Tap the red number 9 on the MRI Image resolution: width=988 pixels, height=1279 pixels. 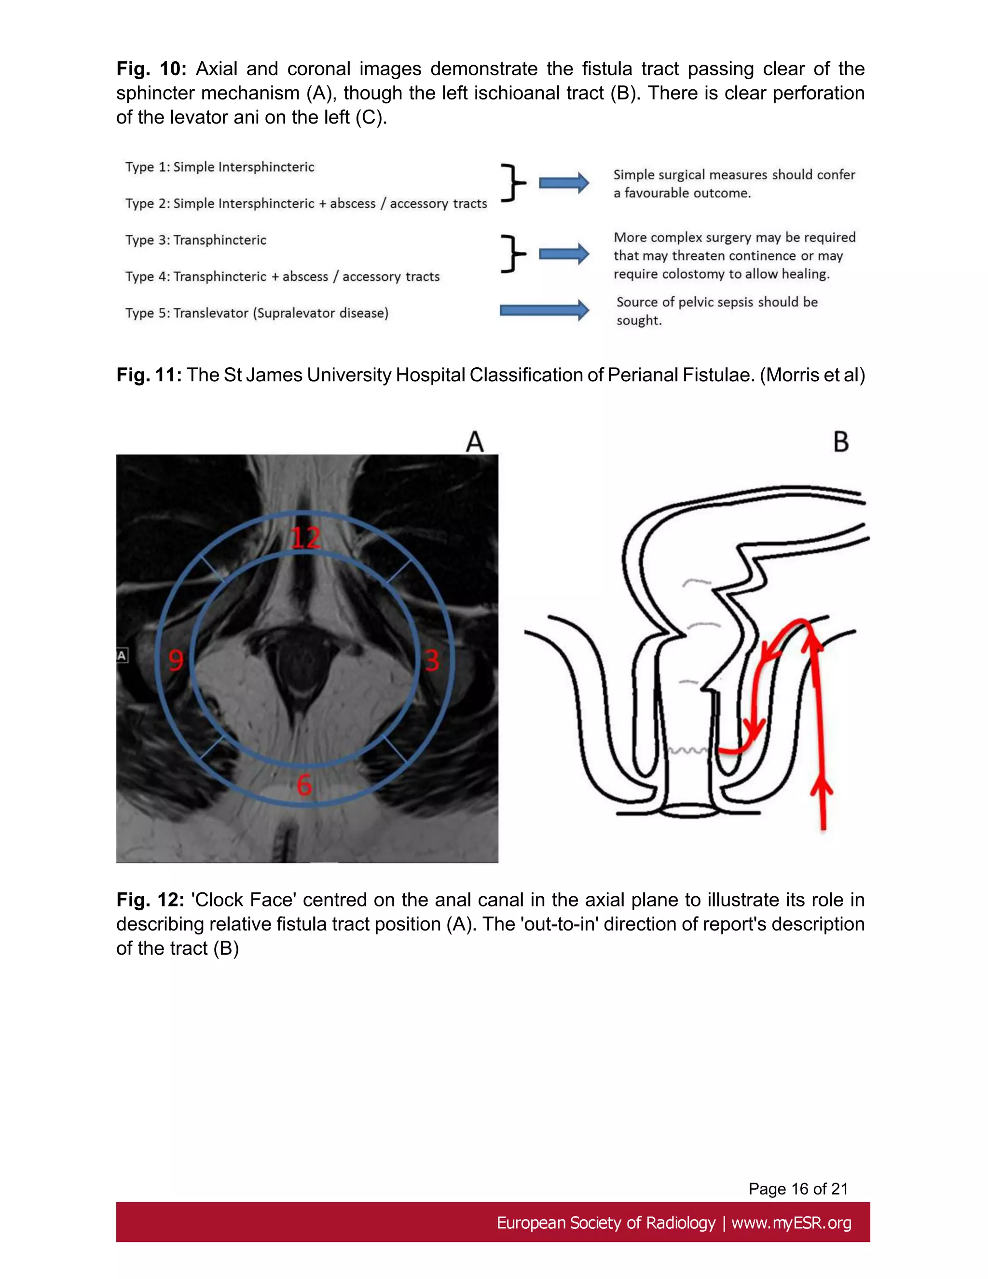tap(176, 661)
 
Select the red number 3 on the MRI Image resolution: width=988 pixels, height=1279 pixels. tap(432, 661)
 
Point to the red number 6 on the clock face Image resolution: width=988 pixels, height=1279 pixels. tap(304, 785)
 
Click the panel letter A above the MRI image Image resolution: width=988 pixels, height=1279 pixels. tap(475, 442)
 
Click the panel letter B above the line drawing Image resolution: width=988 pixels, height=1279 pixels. tap(840, 442)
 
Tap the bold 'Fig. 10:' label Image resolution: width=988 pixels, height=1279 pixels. tap(151, 69)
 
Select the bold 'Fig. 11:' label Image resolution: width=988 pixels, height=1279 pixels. tap(149, 375)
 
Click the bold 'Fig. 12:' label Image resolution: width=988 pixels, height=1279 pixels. tap(151, 900)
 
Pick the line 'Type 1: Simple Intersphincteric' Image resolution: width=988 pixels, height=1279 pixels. tap(220, 167)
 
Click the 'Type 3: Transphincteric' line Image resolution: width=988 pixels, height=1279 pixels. tap(195, 240)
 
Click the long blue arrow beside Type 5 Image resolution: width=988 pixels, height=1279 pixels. tap(544, 310)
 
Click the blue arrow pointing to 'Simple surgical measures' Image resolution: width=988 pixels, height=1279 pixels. tap(563, 183)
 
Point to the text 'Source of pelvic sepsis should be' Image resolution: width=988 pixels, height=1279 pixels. tap(716, 302)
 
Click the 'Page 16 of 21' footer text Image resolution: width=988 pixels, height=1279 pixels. tap(798, 1188)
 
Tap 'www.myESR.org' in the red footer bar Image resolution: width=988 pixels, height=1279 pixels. tap(791, 1223)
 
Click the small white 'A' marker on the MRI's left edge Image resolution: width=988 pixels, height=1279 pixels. tap(122, 655)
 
